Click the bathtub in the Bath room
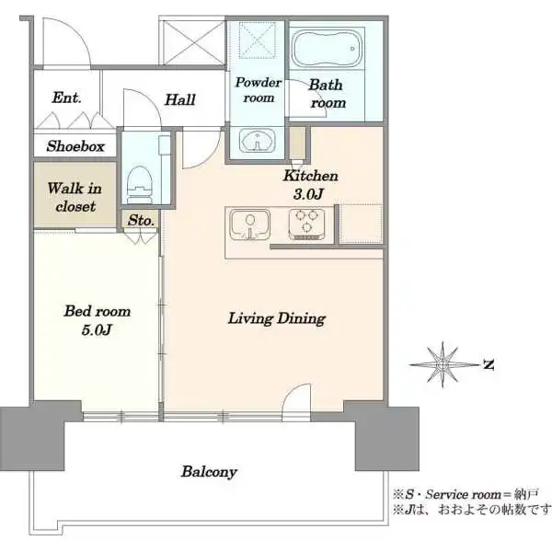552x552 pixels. pos(327,48)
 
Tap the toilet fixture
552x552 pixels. pos(139,185)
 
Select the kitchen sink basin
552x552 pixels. pos(250,224)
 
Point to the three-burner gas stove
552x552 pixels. pos(306,224)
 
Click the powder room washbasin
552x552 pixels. pos(258,141)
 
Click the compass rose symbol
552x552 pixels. pos(443,365)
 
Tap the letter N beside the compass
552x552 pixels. pos(489,364)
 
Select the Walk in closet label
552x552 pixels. pos(75,197)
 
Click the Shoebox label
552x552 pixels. pos(75,146)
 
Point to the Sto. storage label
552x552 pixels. pos(141,221)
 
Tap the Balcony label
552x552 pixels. pos(209,472)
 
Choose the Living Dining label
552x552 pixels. pos(277,318)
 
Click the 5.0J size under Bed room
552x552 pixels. pos(97,330)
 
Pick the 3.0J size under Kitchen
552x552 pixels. pos(308,194)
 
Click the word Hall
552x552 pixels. pos(180,99)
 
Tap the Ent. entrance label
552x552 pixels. pos(66,98)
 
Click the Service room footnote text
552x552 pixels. pos(466,495)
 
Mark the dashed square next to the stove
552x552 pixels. pos(361,224)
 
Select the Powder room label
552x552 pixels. pos(258,90)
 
